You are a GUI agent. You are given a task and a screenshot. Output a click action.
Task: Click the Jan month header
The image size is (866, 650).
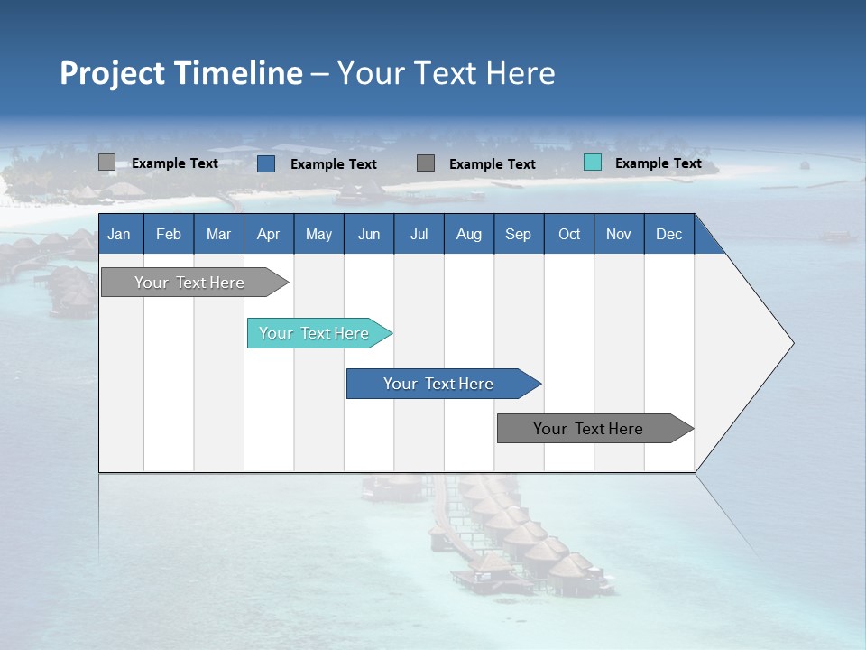pos(120,234)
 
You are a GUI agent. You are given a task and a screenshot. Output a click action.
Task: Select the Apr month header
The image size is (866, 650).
pos(269,234)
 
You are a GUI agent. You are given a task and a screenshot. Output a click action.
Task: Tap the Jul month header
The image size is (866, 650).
pos(419,234)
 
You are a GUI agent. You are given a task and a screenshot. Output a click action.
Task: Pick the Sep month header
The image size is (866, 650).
pos(519,234)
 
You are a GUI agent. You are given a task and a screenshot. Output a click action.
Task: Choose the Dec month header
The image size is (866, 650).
pos(668,234)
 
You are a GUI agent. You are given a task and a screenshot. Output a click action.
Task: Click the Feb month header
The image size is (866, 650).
pos(169,234)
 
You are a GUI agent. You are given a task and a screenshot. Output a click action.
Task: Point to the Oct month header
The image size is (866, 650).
pos(569,234)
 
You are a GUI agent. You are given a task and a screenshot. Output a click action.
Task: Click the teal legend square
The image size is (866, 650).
pos(593,162)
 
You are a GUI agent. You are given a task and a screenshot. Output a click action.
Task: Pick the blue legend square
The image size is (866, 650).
pos(266,163)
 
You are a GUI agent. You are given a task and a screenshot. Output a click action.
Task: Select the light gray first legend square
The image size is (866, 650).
pos(106,162)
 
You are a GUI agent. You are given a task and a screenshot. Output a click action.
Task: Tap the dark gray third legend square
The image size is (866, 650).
pos(426,162)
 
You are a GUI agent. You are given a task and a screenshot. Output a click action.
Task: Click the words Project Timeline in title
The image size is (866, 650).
pos(180,73)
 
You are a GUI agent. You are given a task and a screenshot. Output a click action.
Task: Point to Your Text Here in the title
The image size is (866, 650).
pos(447,73)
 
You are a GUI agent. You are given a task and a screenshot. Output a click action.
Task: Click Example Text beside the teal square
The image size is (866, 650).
pos(658,163)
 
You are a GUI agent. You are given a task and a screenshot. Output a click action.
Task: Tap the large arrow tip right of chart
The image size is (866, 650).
pos(758,343)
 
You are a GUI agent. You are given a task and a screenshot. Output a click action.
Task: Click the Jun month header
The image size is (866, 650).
pos(369,234)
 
